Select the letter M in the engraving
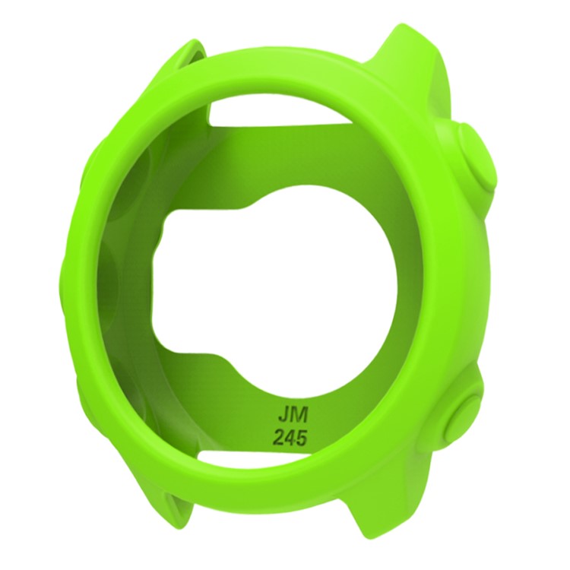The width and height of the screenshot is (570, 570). [295, 416]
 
